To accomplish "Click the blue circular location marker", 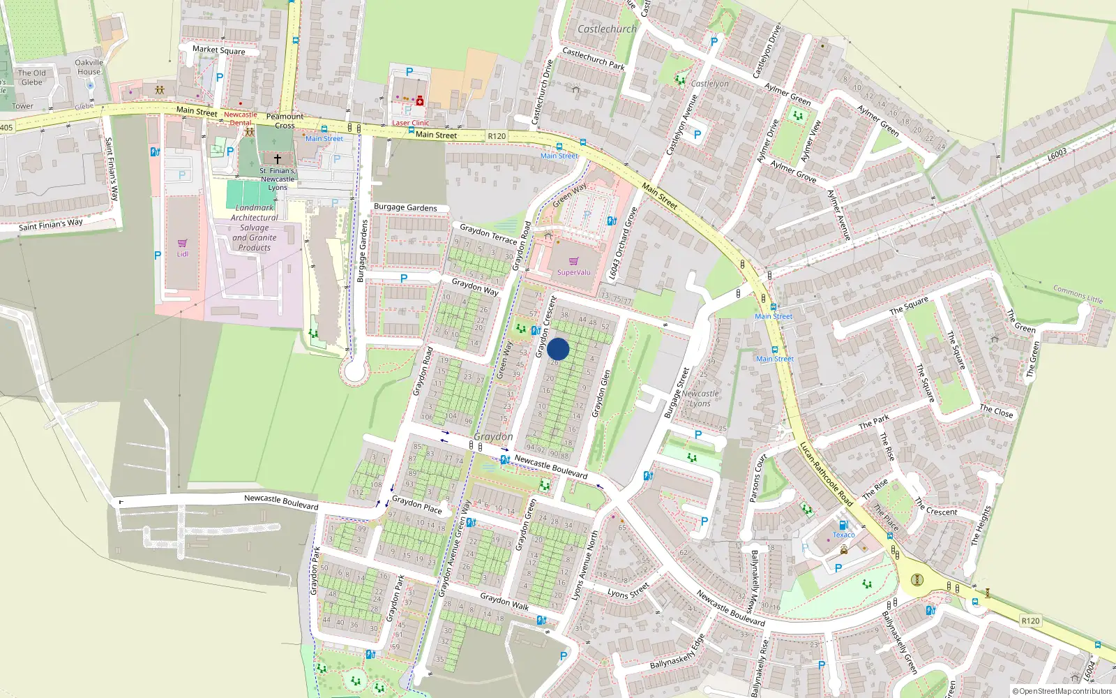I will pyautogui.click(x=558, y=349).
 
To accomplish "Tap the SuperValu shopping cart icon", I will pyautogui.click(x=574, y=261).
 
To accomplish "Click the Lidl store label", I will pyautogui.click(x=182, y=254).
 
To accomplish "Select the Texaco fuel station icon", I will pyautogui.click(x=843, y=525).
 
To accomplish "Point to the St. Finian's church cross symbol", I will pyautogui.click(x=277, y=160).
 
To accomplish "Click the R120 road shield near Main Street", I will pyautogui.click(x=497, y=136).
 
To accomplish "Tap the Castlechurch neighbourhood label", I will pyautogui.click(x=607, y=29).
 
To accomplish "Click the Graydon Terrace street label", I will pyautogui.click(x=488, y=233).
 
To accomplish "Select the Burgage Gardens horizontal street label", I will pyautogui.click(x=405, y=207).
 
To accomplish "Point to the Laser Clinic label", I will pyautogui.click(x=410, y=123).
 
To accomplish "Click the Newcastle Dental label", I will pyautogui.click(x=241, y=119).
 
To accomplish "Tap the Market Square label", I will pyautogui.click(x=218, y=50).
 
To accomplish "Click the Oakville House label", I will pyautogui.click(x=89, y=67).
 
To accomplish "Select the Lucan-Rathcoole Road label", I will pyautogui.click(x=826, y=474).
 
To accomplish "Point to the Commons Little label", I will pyautogui.click(x=1078, y=294).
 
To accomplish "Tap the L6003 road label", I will pyautogui.click(x=1057, y=155).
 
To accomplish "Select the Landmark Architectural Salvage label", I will pyautogui.click(x=255, y=228).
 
